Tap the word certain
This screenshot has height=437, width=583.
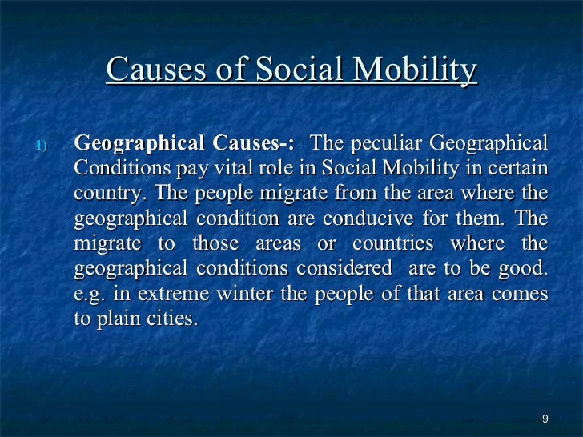[521, 169]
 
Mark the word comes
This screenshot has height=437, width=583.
[522, 294]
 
